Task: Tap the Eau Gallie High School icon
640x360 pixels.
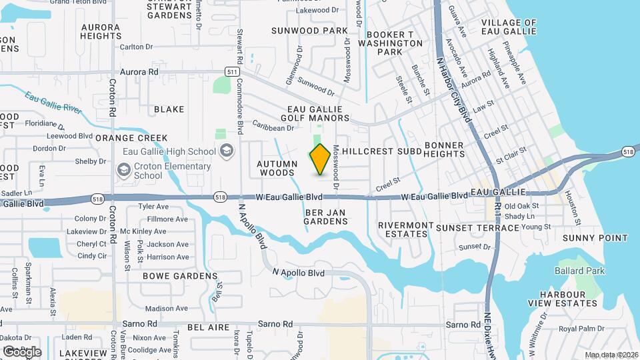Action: click(227, 151)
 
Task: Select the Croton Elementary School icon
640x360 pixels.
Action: click(123, 171)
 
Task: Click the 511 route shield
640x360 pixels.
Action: click(232, 71)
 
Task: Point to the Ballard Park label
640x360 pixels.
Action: click(580, 271)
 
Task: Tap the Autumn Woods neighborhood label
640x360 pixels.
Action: click(277, 168)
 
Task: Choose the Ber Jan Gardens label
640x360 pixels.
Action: click(327, 217)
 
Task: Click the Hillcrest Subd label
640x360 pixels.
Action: click(382, 151)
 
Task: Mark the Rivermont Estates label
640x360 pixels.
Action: click(405, 229)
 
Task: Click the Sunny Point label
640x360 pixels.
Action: click(595, 238)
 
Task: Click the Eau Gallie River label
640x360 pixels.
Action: click(53, 103)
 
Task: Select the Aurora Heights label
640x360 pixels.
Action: click(101, 31)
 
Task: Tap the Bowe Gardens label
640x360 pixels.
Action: click(180, 275)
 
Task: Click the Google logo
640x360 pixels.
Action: click(22, 351)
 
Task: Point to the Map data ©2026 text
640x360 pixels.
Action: click(611, 355)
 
